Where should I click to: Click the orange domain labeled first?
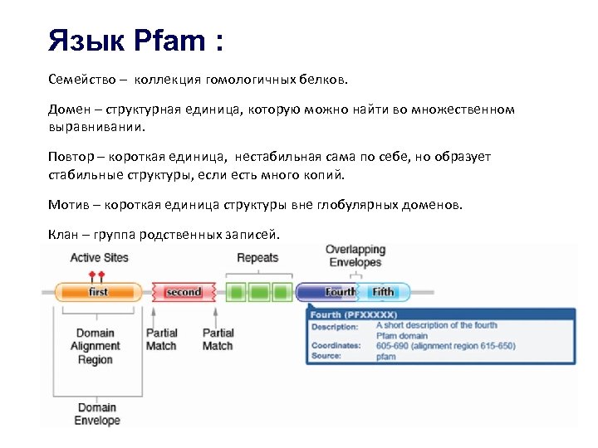click(98, 292)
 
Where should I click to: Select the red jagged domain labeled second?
click(183, 292)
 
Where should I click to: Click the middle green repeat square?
click(260, 292)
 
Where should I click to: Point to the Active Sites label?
click(99, 257)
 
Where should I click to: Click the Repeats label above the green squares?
click(257, 257)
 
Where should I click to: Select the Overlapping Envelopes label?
click(355, 256)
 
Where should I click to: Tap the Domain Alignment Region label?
click(95, 347)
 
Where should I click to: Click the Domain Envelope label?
click(97, 414)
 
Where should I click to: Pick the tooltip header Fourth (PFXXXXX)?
click(354, 315)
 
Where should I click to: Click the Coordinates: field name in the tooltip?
click(336, 345)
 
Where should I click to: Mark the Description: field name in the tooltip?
click(335, 326)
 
